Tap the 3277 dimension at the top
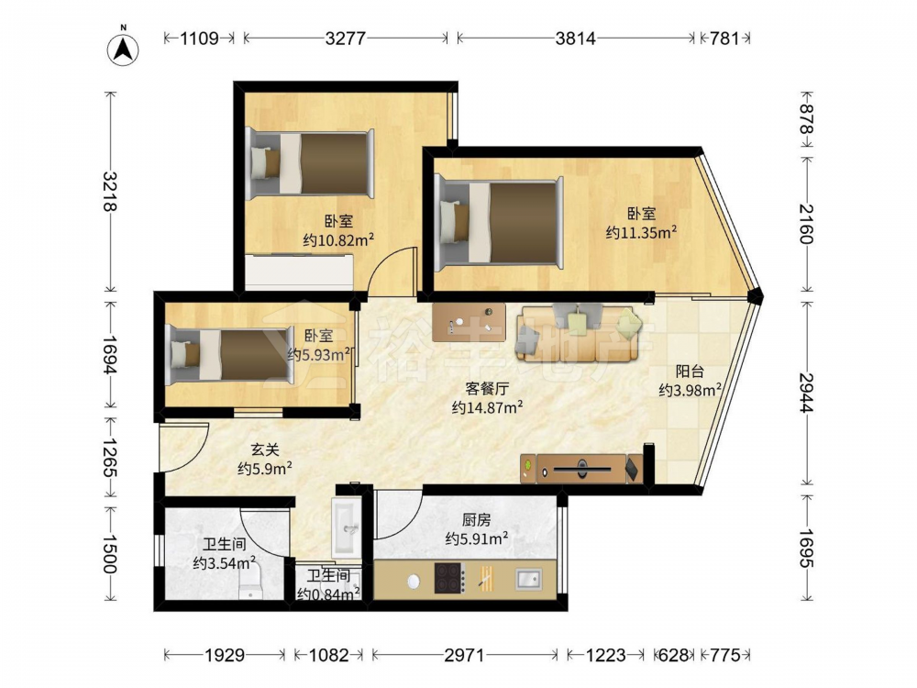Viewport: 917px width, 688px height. pos(345,38)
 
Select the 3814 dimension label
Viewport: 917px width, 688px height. pos(576,38)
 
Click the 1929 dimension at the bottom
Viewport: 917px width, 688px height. pos(225,655)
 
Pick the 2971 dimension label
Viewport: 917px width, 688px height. pos(464,655)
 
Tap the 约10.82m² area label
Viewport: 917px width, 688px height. pos(338,239)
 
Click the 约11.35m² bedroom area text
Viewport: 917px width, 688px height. pos(642,232)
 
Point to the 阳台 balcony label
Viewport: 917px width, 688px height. pos(690,371)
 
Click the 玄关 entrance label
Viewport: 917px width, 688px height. pos(265,449)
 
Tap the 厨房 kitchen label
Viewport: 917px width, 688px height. pos(476,519)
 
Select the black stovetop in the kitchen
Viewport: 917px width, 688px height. pos(449,578)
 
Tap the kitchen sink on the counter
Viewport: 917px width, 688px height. pos(529,579)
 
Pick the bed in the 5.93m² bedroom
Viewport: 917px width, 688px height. pos(229,355)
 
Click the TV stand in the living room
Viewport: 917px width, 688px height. pos(581,468)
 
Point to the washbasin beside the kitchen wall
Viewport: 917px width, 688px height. pos(347,527)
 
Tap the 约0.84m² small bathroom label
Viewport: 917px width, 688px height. pos(328,594)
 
